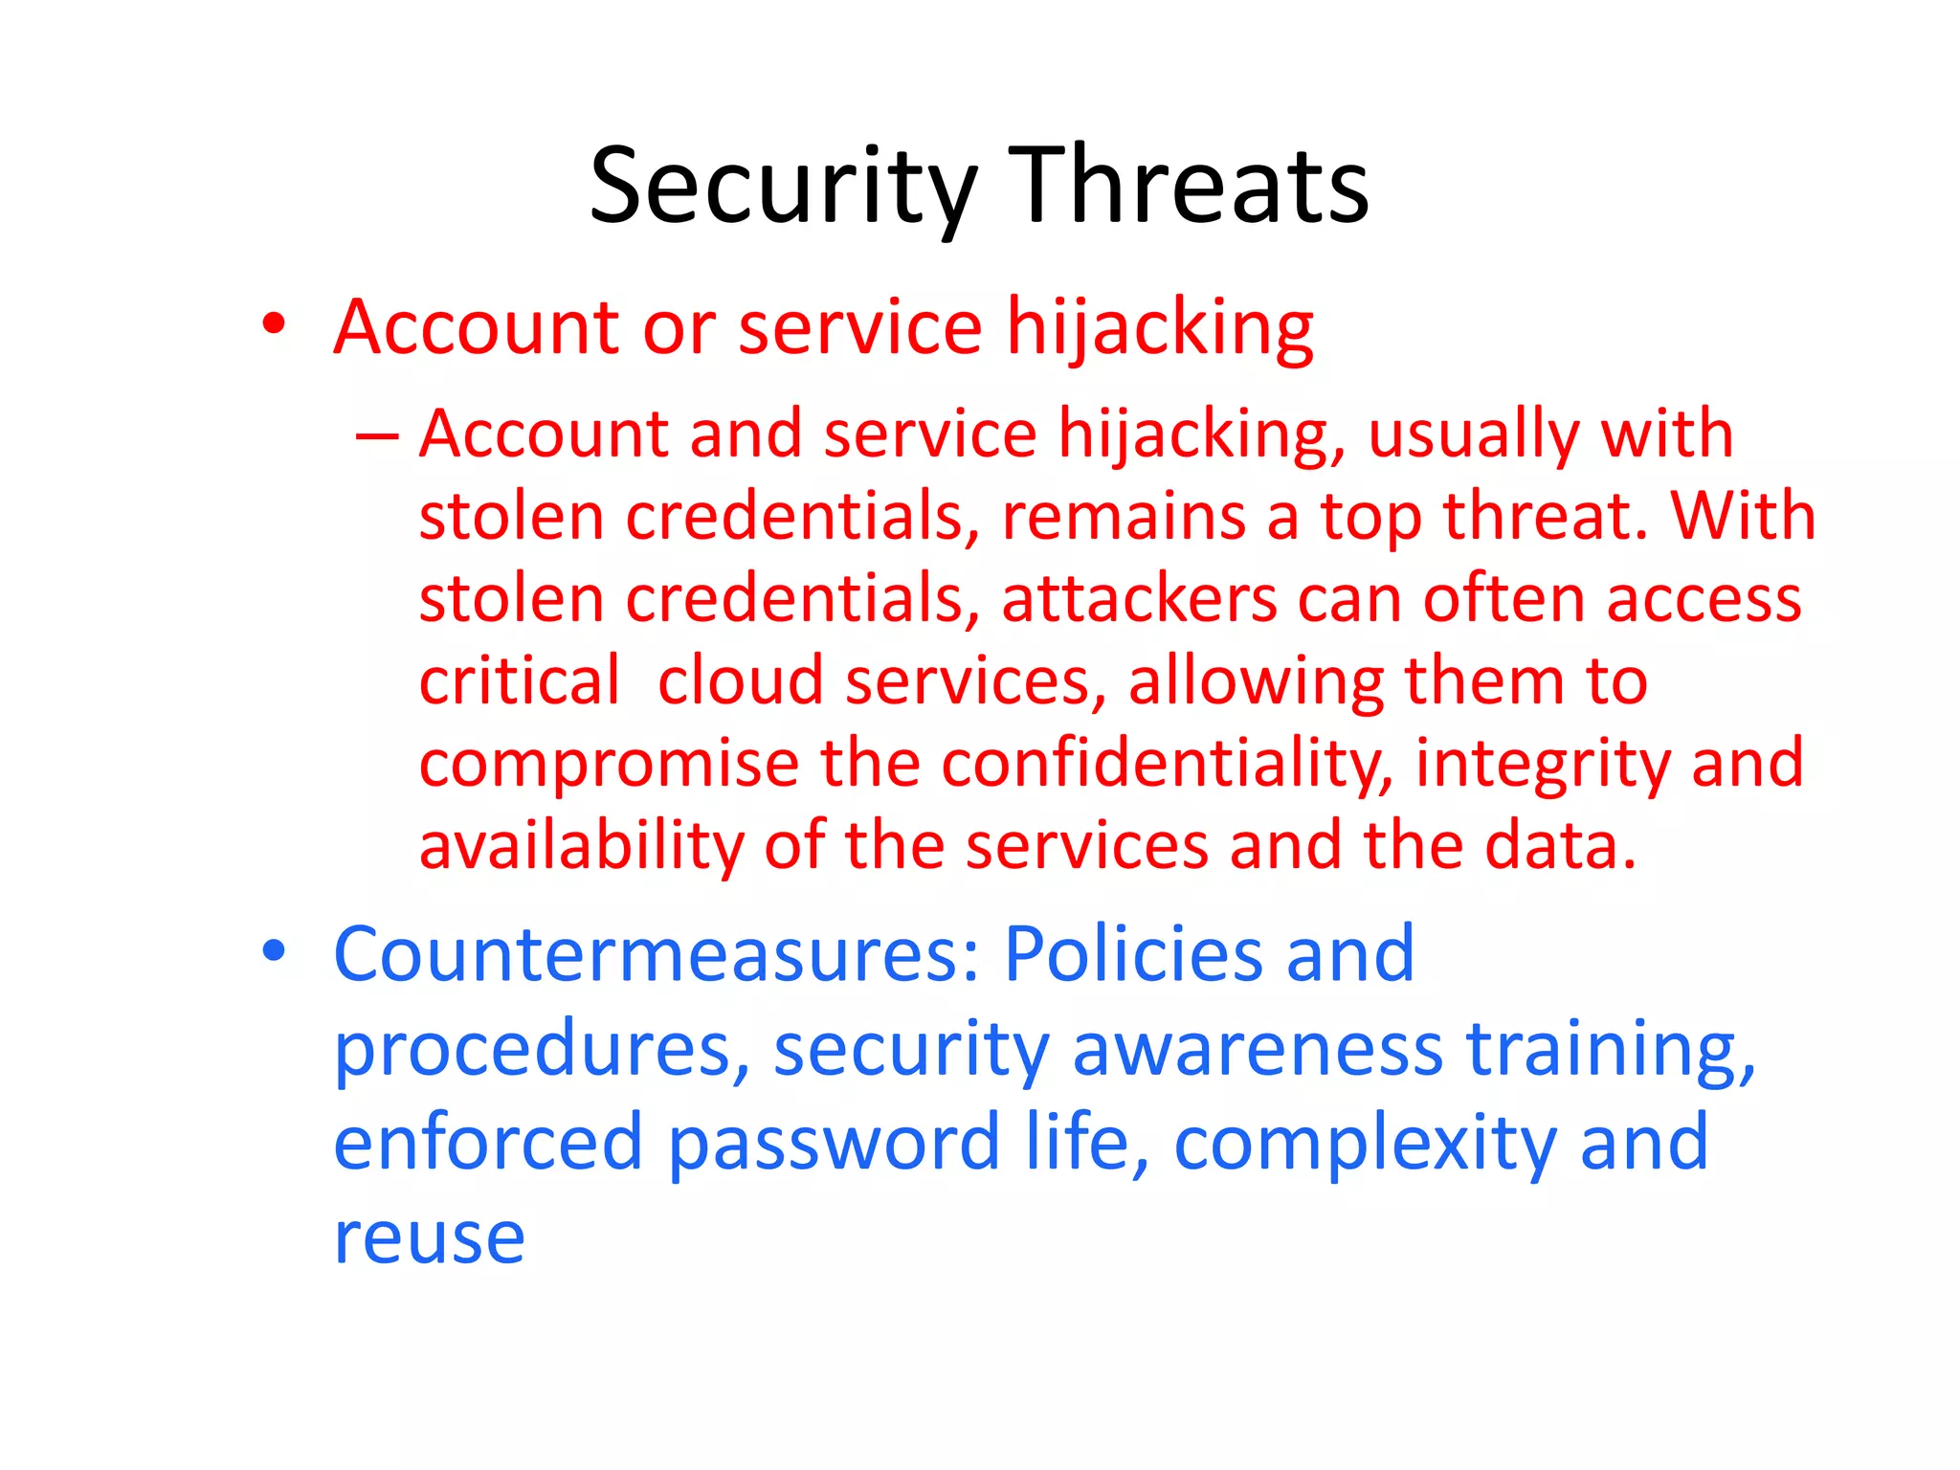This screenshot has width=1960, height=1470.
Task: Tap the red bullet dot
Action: point(274,325)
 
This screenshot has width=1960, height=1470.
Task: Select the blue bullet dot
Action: point(274,951)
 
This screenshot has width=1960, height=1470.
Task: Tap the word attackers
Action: point(1139,599)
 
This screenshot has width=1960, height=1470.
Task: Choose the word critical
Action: point(520,681)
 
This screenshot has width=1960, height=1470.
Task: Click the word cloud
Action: point(740,681)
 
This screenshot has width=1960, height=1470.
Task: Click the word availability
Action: point(581,848)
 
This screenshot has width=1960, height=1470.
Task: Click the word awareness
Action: point(1257,1049)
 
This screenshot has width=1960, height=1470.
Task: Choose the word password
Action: point(834,1145)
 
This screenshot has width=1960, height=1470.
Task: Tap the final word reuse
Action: point(429,1238)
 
